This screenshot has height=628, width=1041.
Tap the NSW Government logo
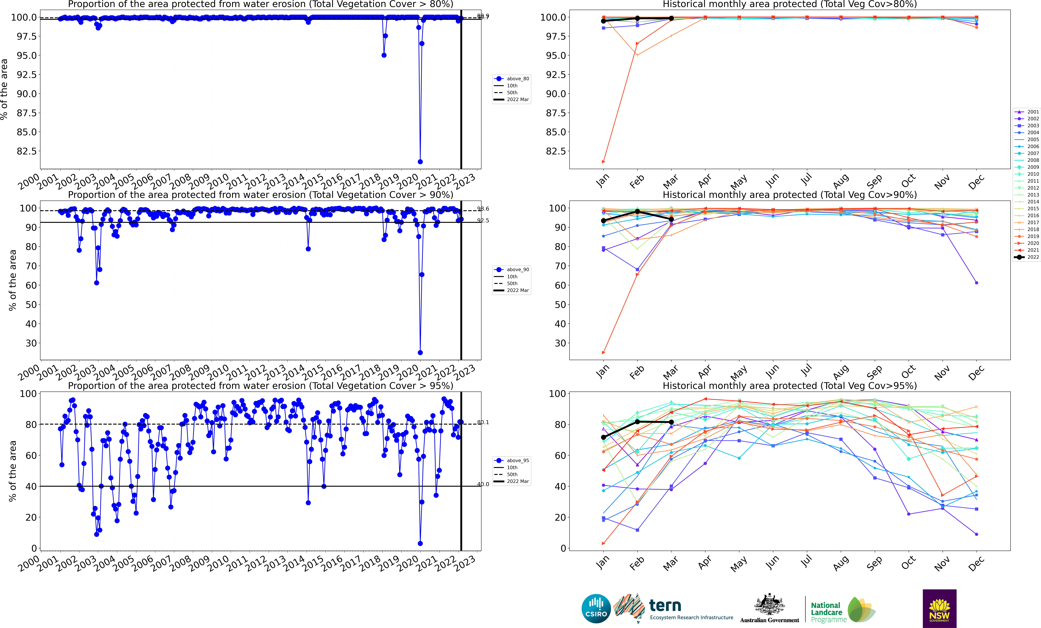(x=939, y=608)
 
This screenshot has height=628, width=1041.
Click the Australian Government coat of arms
(x=769, y=605)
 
